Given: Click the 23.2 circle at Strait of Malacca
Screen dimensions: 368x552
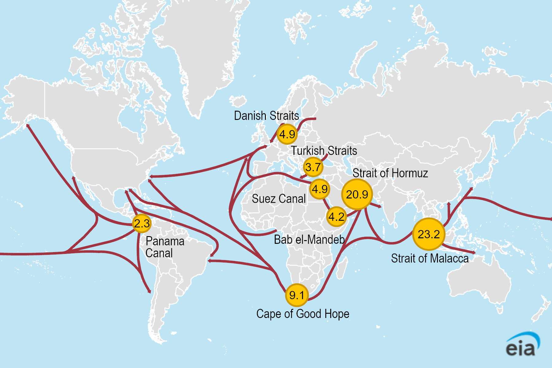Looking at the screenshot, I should pos(429,234).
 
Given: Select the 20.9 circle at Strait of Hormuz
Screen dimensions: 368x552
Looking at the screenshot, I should pos(357,194).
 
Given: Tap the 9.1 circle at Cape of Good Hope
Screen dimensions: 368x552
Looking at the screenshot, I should pos(297,295).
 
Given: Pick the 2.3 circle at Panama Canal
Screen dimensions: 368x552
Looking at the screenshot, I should pos(142,223).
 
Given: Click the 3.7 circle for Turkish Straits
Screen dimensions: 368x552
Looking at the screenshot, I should pos(313,167).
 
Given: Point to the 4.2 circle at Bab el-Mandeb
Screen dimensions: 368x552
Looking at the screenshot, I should pos(336,217).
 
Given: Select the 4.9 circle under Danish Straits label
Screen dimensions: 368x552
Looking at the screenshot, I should pos(287,134).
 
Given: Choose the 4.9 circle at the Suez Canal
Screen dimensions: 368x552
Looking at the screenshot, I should pos(320,189).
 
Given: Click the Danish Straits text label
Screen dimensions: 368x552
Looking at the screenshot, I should pos(266,116).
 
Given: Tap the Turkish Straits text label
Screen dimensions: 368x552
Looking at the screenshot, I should pos(324,151).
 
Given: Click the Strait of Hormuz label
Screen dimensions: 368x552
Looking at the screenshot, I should pos(390,173).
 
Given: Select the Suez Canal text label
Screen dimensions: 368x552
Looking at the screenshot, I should pos(278,199).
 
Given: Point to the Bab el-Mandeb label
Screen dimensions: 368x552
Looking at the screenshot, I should pos(309,240).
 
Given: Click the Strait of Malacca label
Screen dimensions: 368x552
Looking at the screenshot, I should pos(430,259).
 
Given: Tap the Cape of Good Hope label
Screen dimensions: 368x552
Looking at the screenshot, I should pos(303,314).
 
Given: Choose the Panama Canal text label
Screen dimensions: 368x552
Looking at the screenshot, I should pos(165,247).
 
